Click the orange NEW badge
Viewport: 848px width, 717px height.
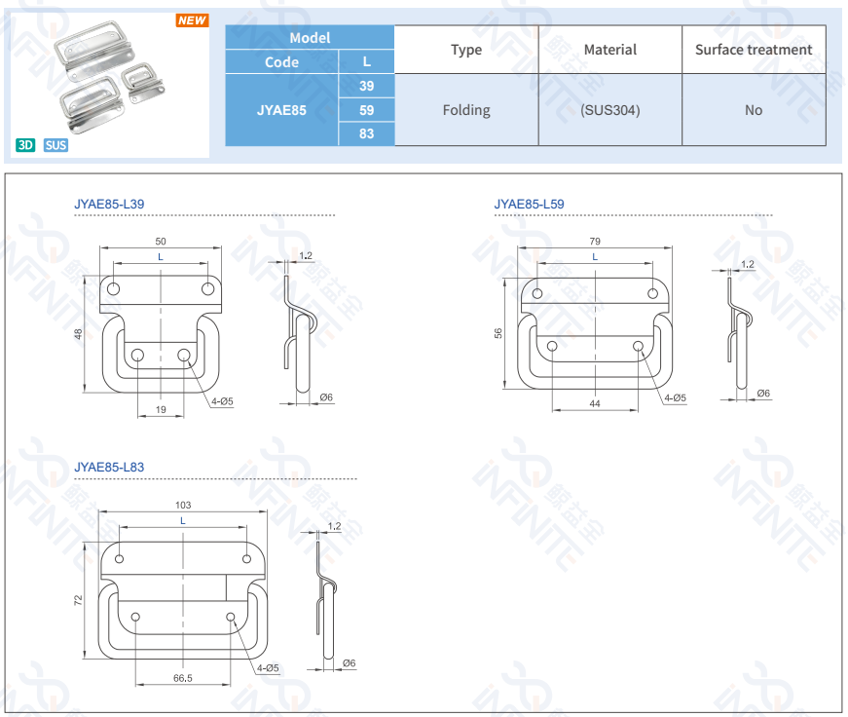[x=193, y=20]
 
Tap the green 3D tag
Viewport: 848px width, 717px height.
[x=25, y=145]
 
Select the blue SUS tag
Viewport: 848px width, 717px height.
[x=55, y=145]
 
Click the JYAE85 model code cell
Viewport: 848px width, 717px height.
[x=281, y=110]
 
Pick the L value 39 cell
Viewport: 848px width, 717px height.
[x=366, y=86]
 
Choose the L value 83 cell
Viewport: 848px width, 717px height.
[x=366, y=133]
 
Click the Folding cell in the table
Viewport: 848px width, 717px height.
[x=466, y=110]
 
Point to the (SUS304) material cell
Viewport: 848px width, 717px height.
[x=609, y=110]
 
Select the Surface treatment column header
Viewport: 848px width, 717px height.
[x=754, y=50]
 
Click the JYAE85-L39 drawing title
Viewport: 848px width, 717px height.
[x=109, y=205]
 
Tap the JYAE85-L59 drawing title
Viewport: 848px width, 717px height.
[x=529, y=205]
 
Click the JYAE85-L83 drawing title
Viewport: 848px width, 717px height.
[x=109, y=468]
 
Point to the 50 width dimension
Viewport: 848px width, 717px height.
[x=161, y=241]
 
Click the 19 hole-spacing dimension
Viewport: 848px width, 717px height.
[x=161, y=409]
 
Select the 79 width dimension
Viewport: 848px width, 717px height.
[x=595, y=241]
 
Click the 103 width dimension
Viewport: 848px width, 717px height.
[x=183, y=505]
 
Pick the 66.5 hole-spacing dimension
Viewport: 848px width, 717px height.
[x=182, y=677]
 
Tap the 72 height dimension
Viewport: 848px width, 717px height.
[x=78, y=601]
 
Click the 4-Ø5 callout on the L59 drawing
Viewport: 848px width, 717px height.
[x=675, y=397]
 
